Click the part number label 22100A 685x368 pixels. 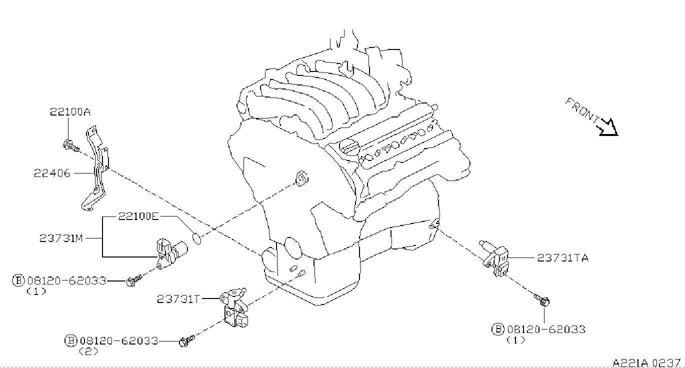tap(69, 112)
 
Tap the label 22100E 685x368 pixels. tap(138, 216)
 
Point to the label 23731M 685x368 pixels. tap(61, 238)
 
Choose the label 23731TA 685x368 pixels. tap(562, 258)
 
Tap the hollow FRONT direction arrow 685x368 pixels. tap(609, 127)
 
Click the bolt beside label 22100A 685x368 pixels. tap(70, 145)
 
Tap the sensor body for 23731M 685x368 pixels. tap(170, 250)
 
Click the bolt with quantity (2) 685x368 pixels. tap(185, 341)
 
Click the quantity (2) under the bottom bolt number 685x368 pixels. tap(88, 351)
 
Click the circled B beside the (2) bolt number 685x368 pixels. tap(70, 341)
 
